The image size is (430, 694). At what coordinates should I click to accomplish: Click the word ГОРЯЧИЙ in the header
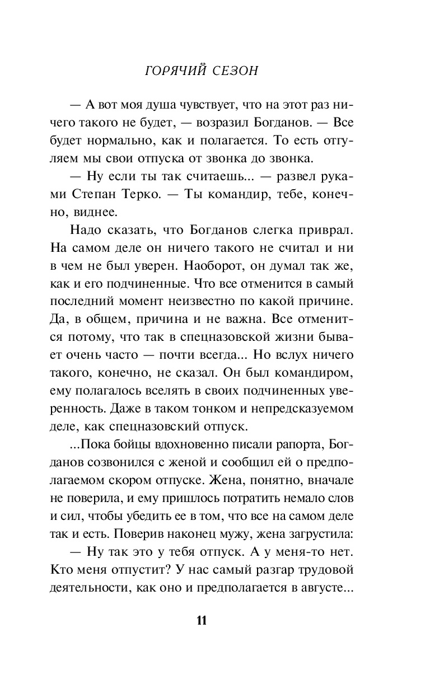174,72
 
